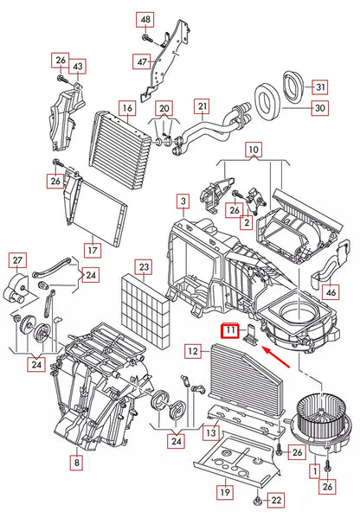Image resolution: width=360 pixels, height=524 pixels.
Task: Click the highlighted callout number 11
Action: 230,331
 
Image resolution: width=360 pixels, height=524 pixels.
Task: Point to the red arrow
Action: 276,357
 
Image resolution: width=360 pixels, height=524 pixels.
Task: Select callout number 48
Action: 145,20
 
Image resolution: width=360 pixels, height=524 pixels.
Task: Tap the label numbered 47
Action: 142,61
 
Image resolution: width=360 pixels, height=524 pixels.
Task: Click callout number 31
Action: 320,87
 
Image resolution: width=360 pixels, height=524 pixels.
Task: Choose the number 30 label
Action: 320,108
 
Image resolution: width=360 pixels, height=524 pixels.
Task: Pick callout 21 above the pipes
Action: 202,106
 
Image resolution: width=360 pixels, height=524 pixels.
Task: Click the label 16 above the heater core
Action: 127,108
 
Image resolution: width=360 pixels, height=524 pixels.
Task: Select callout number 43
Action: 78,67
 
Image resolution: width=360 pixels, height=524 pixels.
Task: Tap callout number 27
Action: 17,260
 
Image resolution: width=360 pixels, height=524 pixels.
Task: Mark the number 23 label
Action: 144,267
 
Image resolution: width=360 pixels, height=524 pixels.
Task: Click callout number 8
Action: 77,463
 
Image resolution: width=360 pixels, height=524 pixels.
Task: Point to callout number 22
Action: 276,501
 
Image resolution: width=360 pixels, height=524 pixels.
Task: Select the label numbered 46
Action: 331,292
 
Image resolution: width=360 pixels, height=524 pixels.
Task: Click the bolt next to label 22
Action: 258,501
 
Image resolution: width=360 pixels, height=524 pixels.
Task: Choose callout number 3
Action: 183,201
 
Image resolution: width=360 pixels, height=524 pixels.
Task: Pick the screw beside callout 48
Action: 147,38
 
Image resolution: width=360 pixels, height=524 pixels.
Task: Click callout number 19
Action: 225,492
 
